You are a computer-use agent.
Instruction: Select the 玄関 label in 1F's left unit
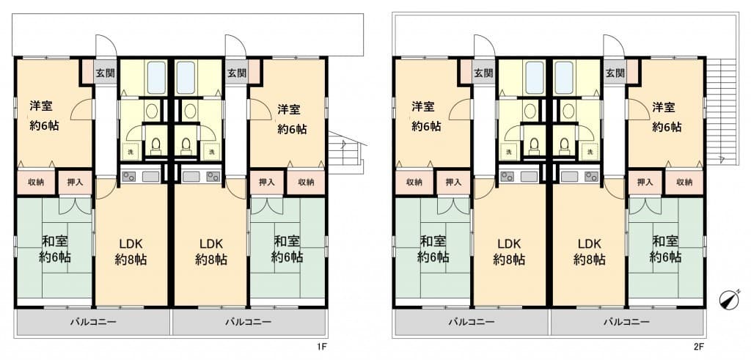pos(104,73)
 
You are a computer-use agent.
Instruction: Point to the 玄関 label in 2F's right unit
pos(615,73)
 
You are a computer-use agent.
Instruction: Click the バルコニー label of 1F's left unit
pos(93,322)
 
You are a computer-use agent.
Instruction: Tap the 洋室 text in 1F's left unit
pos(41,106)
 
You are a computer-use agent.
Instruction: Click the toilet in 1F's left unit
pos(155,145)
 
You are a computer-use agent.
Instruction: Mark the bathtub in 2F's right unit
pos(564,78)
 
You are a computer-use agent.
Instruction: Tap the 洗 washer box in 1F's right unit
pos(210,151)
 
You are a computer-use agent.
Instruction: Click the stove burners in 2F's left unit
pos(506,176)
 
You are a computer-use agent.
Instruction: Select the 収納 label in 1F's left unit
pos(36,182)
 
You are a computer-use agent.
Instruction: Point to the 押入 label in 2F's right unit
pos(645,182)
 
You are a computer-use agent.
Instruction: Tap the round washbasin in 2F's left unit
pos(530,111)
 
